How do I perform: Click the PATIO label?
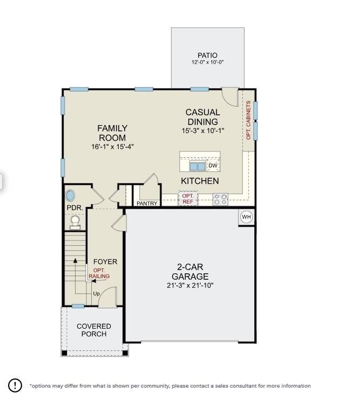[207, 56]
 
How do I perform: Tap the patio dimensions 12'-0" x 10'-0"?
[207, 63]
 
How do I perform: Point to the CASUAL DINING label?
[202, 117]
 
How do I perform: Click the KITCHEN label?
[200, 181]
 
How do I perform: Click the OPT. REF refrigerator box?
[188, 198]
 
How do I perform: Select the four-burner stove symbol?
[220, 199]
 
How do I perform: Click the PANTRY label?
[147, 203]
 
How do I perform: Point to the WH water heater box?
[247, 217]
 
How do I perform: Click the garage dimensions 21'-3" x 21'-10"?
[190, 285]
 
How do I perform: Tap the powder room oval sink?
[71, 196]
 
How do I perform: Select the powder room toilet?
[75, 222]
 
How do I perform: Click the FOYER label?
[105, 262]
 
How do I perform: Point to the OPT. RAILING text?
[99, 273]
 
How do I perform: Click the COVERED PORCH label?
[94, 330]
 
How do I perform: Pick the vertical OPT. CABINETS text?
[249, 120]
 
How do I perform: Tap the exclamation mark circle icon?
[15, 385]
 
